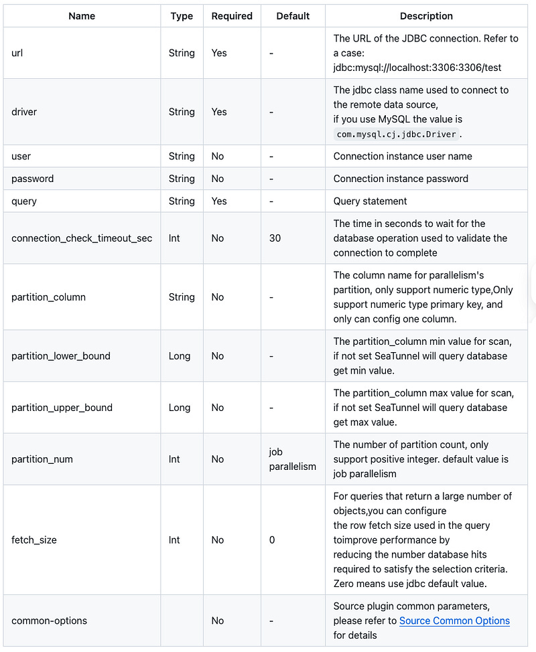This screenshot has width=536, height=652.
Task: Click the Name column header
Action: [82, 16]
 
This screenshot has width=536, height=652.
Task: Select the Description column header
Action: [426, 16]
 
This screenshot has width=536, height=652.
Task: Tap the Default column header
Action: [293, 16]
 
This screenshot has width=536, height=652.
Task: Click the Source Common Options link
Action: [454, 621]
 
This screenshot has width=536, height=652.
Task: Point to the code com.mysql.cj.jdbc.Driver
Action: [397, 134]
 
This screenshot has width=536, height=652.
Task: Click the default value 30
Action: [275, 238]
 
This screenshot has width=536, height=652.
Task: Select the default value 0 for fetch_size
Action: [272, 540]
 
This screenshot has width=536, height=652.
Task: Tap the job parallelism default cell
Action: [292, 459]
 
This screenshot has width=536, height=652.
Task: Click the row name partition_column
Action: [48, 297]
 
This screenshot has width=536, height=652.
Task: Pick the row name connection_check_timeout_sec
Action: [82, 238]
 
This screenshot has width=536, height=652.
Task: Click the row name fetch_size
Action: [34, 540]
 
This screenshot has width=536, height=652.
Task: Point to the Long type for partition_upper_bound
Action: [180, 408]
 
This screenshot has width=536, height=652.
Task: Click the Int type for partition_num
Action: [174, 459]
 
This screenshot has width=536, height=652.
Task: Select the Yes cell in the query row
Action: [219, 201]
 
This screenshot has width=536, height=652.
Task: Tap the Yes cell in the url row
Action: [219, 53]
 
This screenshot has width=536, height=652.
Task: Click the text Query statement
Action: [370, 201]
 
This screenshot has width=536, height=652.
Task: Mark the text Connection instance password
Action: [401, 179]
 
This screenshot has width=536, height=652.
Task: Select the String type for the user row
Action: [182, 156]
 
